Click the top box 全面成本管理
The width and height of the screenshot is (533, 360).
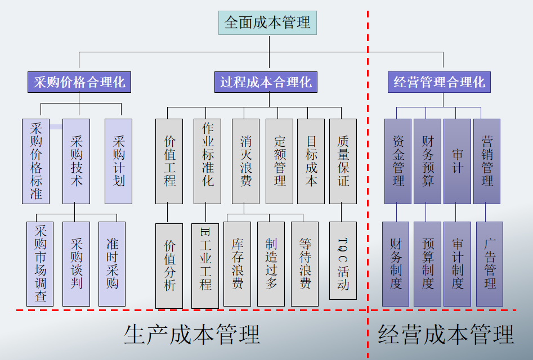(268, 22)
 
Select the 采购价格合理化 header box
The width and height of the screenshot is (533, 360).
(79, 82)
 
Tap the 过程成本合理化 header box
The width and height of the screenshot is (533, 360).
(266, 82)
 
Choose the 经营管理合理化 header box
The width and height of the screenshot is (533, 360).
(439, 82)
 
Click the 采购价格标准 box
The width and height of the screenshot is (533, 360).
(36, 161)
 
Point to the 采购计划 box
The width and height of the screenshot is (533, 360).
(118, 161)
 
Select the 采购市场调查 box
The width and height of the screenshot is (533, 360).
(40, 263)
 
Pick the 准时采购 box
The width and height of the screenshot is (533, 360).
(112, 263)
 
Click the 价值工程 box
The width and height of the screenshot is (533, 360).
(169, 161)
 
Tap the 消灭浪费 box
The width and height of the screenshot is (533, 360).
(245, 161)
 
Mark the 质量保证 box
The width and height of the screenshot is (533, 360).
(343, 161)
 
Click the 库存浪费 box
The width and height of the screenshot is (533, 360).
(237, 263)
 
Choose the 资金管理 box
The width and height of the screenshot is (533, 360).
(398, 161)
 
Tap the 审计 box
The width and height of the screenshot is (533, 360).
(457, 161)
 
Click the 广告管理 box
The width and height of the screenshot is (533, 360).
(490, 263)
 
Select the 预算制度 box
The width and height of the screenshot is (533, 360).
(427, 263)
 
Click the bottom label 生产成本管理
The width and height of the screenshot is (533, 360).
(192, 334)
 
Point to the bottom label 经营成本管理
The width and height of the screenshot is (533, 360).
(446, 334)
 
